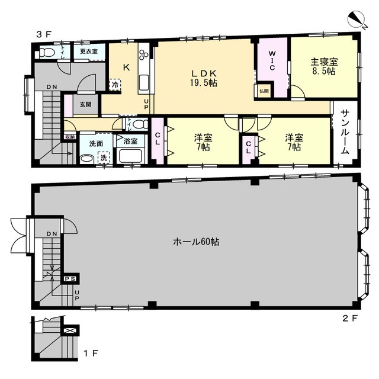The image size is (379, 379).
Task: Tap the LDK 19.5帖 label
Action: (204, 78)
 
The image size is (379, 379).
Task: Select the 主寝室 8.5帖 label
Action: (324, 66)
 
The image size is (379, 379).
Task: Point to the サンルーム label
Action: (346, 132)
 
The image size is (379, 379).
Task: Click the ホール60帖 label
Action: (196, 242)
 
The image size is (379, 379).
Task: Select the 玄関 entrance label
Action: (85, 104)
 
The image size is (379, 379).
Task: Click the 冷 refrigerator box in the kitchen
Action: (115, 85)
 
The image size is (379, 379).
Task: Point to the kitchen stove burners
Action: (143, 54)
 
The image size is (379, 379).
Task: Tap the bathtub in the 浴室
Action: (130, 156)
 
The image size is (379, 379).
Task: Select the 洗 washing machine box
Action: (104, 158)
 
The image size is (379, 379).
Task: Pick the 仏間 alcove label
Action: (264, 91)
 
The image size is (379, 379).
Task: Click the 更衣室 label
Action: (89, 52)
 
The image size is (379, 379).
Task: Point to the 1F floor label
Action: (91, 354)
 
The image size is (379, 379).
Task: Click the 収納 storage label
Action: (70, 137)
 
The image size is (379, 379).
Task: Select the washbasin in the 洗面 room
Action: (87, 159)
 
